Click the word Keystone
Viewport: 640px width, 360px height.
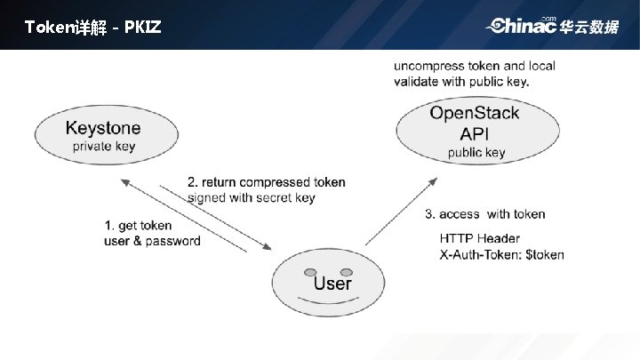pyautogui.click(x=103, y=128)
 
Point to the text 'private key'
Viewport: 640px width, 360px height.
pyautogui.click(x=104, y=146)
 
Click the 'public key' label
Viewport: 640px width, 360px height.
pyautogui.click(x=476, y=152)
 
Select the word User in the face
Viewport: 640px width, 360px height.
pyautogui.click(x=332, y=284)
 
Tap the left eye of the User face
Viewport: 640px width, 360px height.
pyautogui.click(x=309, y=271)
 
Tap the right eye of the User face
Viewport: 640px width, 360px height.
pyautogui.click(x=347, y=271)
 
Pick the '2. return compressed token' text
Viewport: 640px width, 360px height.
pyautogui.click(x=266, y=182)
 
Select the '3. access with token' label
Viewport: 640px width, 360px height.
pyautogui.click(x=484, y=214)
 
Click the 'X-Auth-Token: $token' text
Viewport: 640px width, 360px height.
pyautogui.click(x=501, y=254)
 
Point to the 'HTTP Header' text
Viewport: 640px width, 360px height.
pyautogui.click(x=480, y=239)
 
